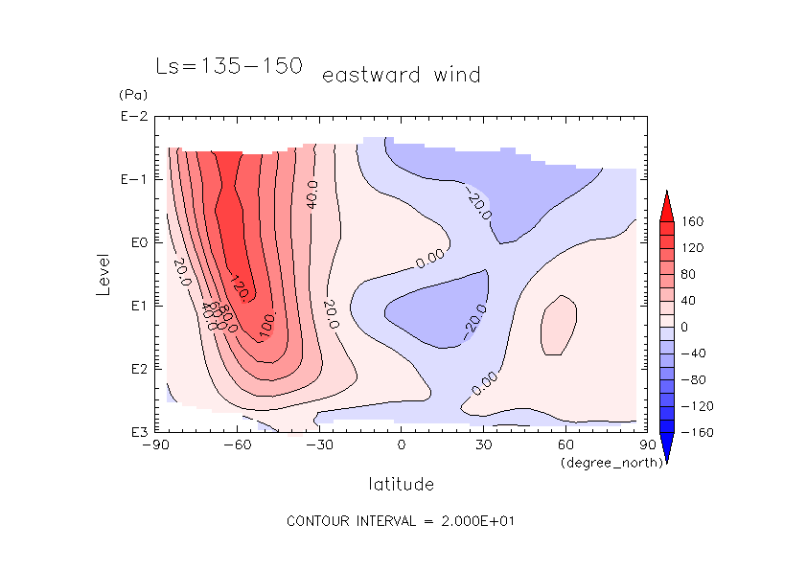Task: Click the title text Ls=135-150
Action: coord(229,66)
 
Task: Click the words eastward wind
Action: coord(401,75)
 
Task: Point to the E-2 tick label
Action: coord(133,117)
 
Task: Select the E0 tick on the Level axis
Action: coord(136,242)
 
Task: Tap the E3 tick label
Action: coord(136,432)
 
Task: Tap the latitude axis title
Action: coord(401,483)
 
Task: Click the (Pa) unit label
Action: coord(131,95)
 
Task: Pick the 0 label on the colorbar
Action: coord(684,327)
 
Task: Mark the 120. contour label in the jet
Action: coord(240,285)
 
